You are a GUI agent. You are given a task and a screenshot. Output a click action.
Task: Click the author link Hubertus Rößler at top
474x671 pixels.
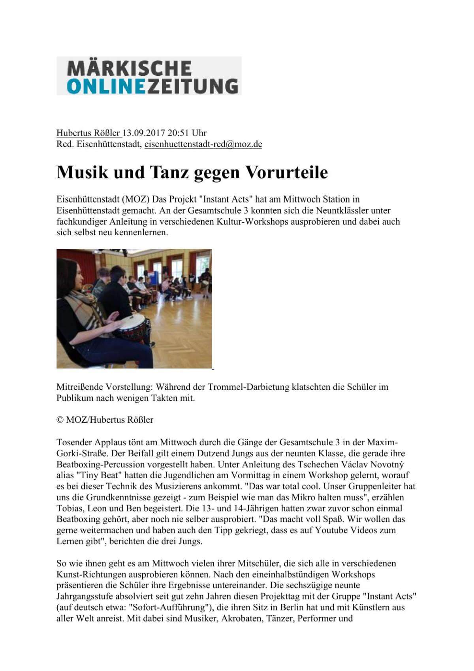click(x=88, y=133)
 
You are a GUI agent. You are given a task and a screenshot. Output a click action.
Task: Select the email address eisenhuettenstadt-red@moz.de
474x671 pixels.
click(x=203, y=144)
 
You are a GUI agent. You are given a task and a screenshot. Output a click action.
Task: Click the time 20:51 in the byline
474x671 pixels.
click(x=179, y=133)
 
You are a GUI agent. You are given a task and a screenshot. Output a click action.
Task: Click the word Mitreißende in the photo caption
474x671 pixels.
click(x=81, y=387)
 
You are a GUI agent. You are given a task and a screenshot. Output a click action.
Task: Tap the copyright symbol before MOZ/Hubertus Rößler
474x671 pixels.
click(x=60, y=420)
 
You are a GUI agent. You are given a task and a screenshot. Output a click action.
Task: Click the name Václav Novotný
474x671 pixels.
click(x=371, y=464)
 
